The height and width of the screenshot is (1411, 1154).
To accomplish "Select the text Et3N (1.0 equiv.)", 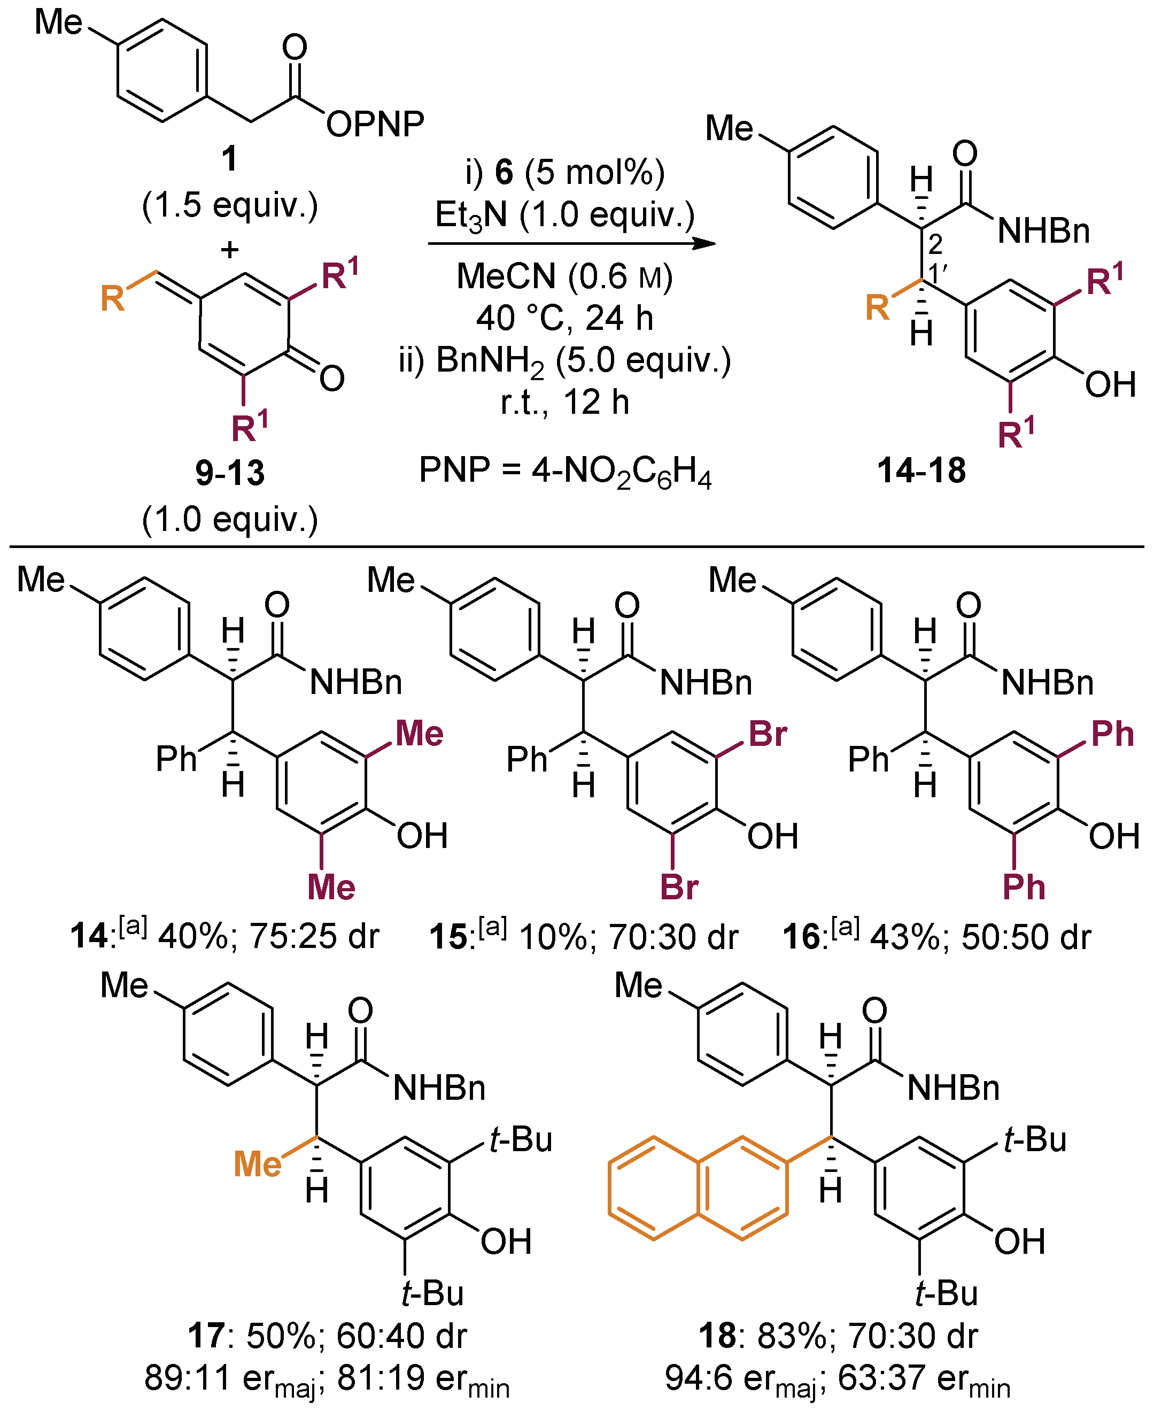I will coord(564,215).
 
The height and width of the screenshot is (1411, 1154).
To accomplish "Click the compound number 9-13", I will coord(230,473).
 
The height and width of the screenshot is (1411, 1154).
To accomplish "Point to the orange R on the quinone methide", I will coord(112,298).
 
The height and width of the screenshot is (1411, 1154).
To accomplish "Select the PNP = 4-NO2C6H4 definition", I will coord(564,472).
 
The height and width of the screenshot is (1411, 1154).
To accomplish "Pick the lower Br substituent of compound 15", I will coord(679,887).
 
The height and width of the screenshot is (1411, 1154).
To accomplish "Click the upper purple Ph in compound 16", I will coord(1112,734).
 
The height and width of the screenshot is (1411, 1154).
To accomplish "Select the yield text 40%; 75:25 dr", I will coord(268,937).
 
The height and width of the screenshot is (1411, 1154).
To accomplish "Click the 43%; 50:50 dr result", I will coord(980,937).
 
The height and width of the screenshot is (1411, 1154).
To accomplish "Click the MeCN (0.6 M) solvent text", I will coord(564,276).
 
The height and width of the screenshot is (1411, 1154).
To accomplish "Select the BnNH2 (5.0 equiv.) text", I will coord(564,361).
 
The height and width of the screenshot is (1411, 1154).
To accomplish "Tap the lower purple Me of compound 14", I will coord(331,887).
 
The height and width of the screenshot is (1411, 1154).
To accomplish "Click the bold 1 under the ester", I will coord(229,158).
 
